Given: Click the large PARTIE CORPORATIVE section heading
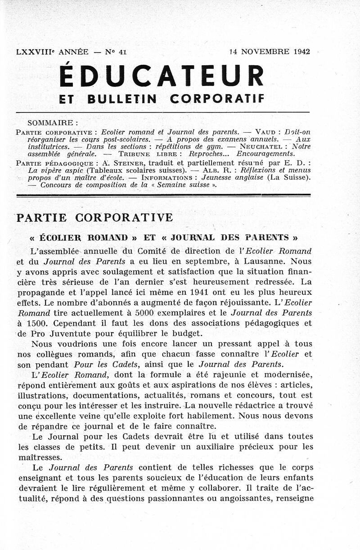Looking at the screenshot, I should [x=94, y=218].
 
